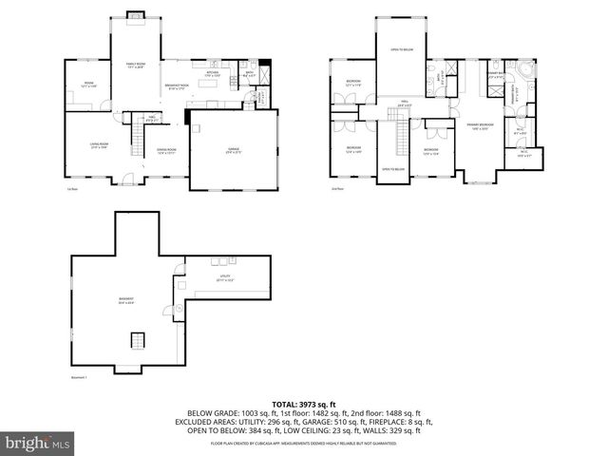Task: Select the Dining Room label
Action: tap(166, 150)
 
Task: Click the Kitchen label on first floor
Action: tap(214, 73)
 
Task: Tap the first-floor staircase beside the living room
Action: tap(138, 142)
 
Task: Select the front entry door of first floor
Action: tap(122, 179)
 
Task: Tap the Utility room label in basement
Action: tap(224, 278)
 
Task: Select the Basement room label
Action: tap(125, 301)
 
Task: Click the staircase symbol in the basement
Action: tap(137, 340)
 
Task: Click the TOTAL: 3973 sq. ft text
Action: tap(304, 404)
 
